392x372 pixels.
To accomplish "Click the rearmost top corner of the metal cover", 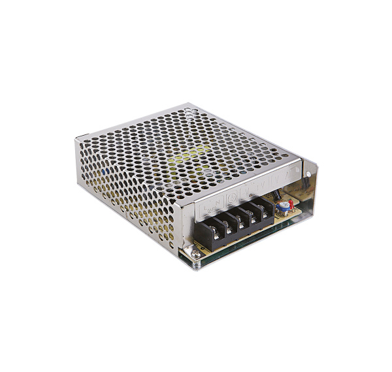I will pos(189,104).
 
